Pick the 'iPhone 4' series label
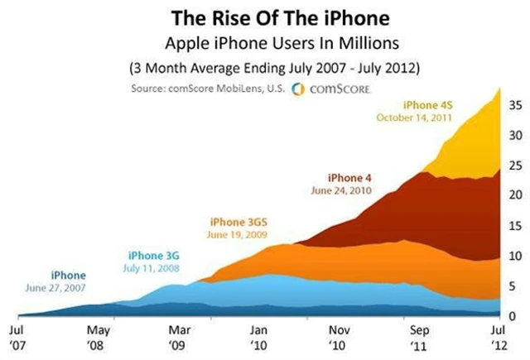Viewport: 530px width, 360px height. (345, 177)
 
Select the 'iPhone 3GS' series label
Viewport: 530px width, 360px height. (238, 222)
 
